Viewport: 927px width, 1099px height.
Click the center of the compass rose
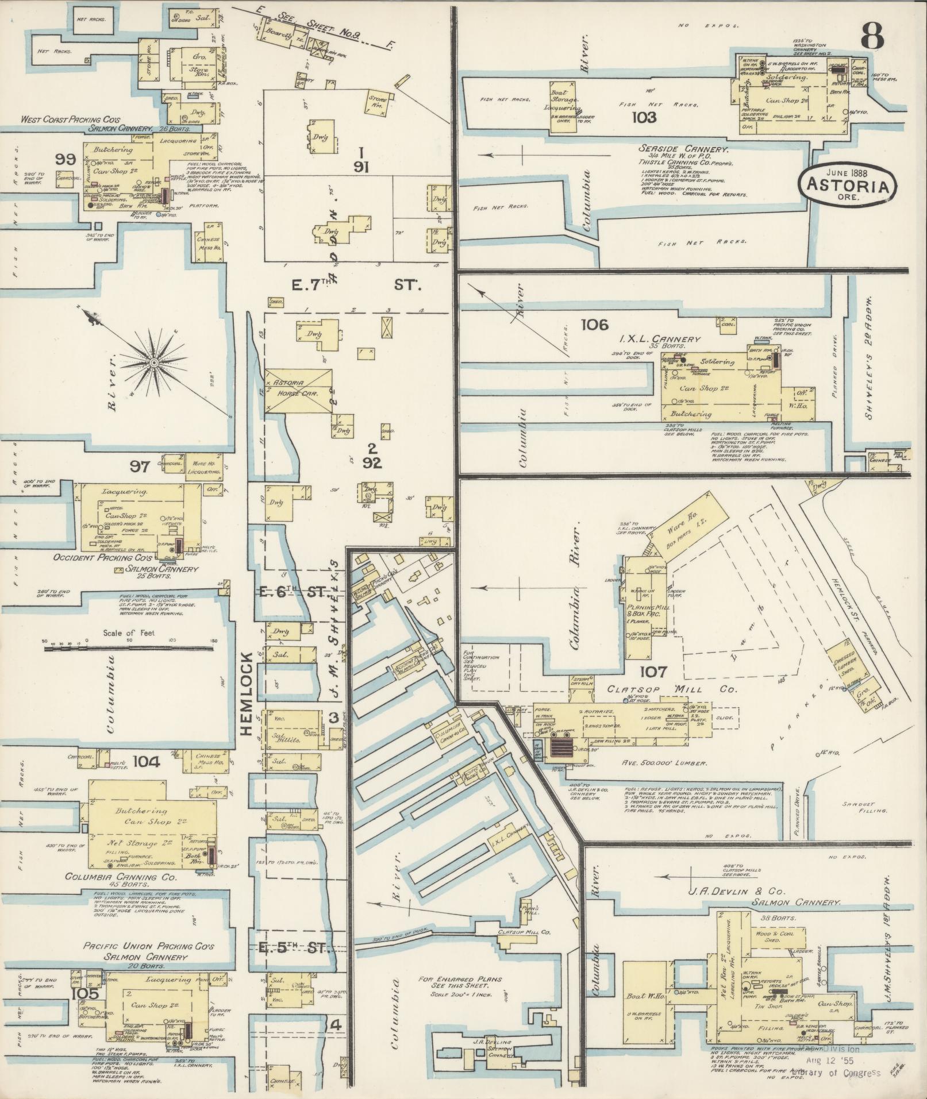[x=154, y=363]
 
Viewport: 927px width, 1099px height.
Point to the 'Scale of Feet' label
[x=129, y=634]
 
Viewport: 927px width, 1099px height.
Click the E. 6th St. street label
[x=289, y=593]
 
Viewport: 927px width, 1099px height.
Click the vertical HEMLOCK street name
[x=247, y=693]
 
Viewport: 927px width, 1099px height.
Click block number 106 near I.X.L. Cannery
[x=594, y=325]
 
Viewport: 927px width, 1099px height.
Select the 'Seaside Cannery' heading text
[x=684, y=149]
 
